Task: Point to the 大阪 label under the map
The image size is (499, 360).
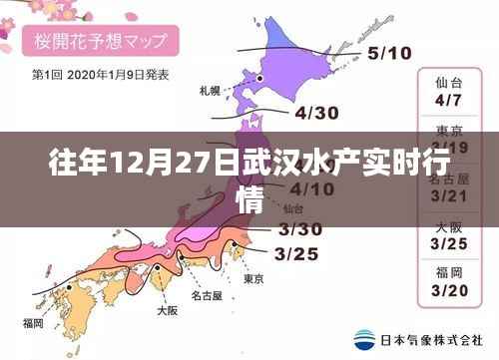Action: [167, 311]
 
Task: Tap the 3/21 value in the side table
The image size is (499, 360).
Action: [449, 196]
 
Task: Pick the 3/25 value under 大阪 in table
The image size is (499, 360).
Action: [449, 244]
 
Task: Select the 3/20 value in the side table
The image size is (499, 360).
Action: [449, 291]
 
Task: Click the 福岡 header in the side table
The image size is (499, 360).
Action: [449, 272]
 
